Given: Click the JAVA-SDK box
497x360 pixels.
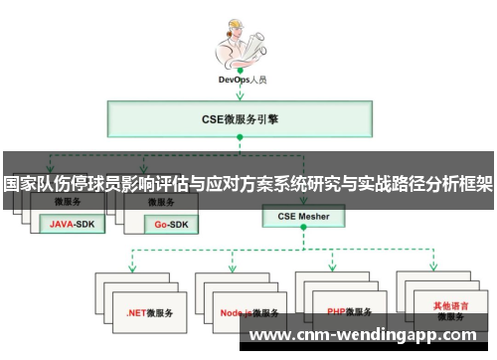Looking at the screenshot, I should point(73,225).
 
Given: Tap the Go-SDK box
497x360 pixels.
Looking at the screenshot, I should point(168,225).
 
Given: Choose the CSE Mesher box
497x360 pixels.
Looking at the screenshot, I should point(303,215).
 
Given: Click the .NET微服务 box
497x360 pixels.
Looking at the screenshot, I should point(149,311).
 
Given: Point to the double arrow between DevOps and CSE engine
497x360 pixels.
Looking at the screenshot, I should point(240,92).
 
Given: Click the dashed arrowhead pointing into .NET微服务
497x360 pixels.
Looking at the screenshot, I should point(131,269).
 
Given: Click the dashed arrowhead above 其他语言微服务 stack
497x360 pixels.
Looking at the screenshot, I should point(435,269).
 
